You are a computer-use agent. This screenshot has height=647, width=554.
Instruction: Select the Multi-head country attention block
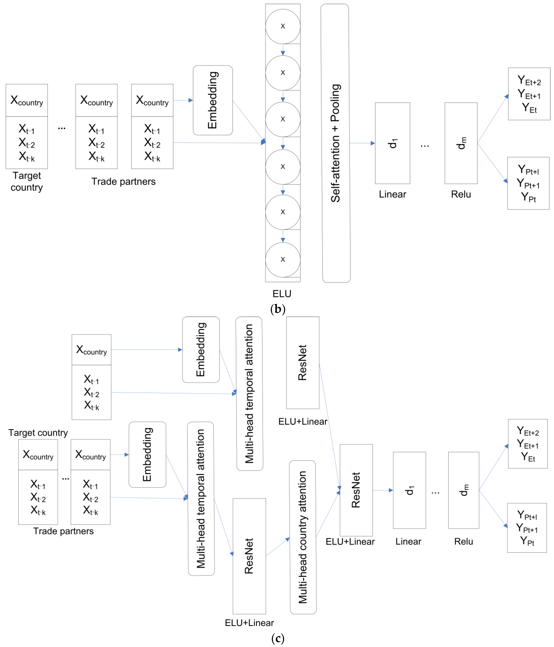point(303,537)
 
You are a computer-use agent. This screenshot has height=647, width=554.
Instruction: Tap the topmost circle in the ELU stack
point(283,26)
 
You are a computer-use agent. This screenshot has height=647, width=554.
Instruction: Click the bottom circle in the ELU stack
point(283,259)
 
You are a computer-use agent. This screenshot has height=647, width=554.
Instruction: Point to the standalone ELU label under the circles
point(282,294)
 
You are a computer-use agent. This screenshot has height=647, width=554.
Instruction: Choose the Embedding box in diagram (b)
point(213,100)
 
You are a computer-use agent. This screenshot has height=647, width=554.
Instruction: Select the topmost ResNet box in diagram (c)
point(303,363)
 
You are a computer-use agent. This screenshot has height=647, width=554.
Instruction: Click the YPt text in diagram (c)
point(527,541)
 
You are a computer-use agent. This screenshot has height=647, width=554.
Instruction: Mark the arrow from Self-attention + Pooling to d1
point(362,143)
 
